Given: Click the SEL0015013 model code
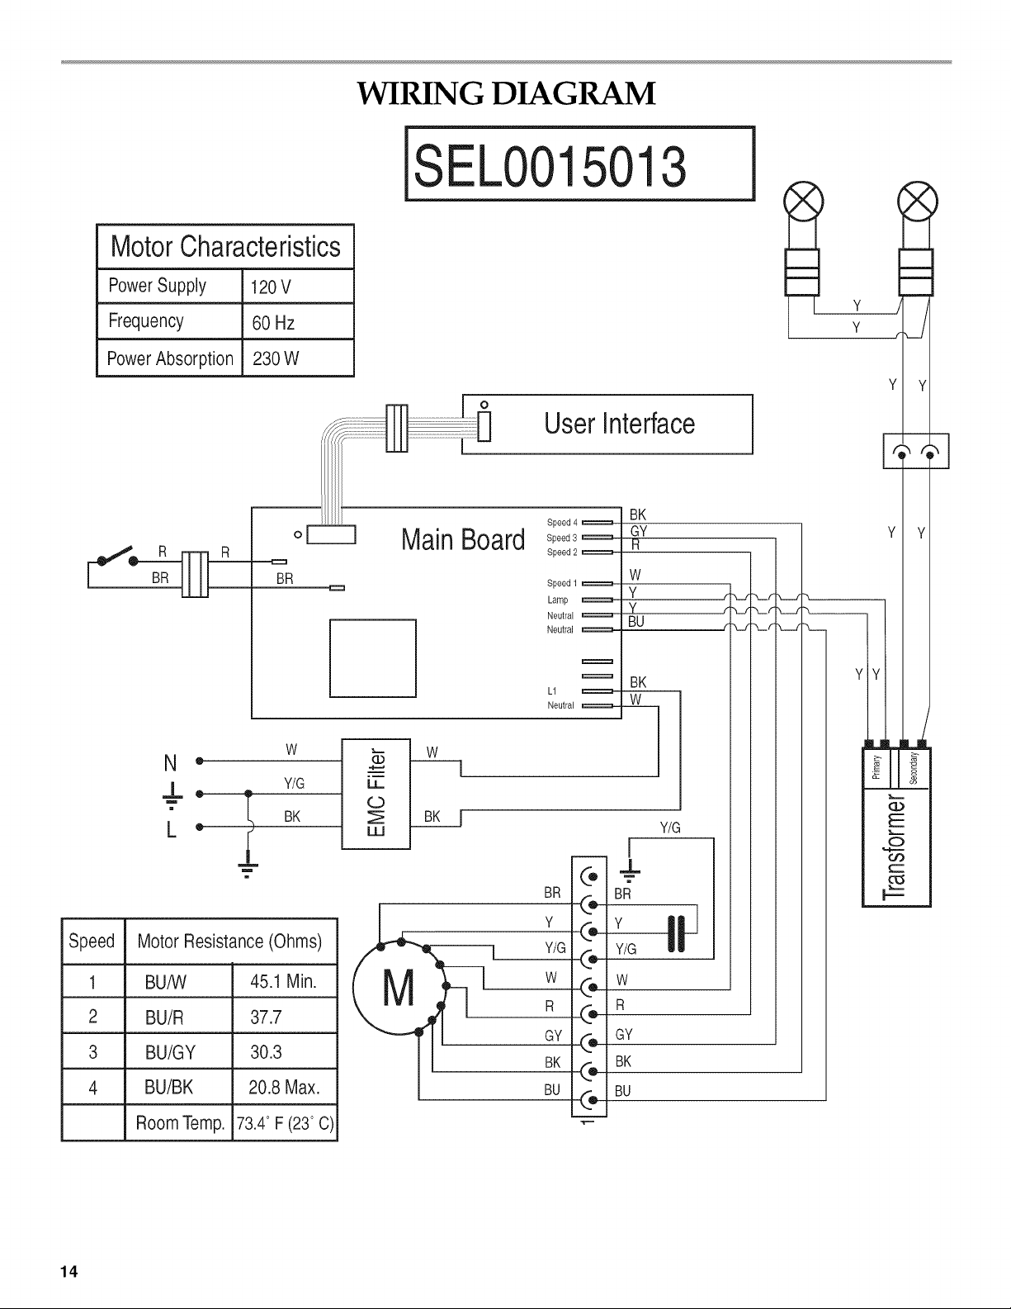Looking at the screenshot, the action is click(550, 166).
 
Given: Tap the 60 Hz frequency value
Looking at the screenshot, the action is click(273, 323).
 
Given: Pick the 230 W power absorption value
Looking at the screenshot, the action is click(276, 358).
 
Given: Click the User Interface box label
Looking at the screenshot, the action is click(619, 424).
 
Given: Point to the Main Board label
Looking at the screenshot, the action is click(463, 539).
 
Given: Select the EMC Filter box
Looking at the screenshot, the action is click(376, 794).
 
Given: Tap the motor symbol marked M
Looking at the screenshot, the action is click(399, 988).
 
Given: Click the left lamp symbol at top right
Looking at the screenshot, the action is click(803, 201).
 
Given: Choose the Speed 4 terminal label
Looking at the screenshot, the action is click(562, 522).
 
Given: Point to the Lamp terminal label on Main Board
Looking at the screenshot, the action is click(558, 600).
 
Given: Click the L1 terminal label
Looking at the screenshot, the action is click(552, 690).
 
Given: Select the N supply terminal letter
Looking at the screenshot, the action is click(170, 763).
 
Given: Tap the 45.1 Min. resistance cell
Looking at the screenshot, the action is click(283, 981).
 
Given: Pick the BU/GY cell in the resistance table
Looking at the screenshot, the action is click(170, 1052).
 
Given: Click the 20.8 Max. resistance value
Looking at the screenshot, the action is click(284, 1087).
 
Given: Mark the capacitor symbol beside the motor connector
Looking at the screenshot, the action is click(677, 934).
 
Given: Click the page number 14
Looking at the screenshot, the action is click(69, 1271).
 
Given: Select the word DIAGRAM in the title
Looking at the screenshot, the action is click(574, 93).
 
